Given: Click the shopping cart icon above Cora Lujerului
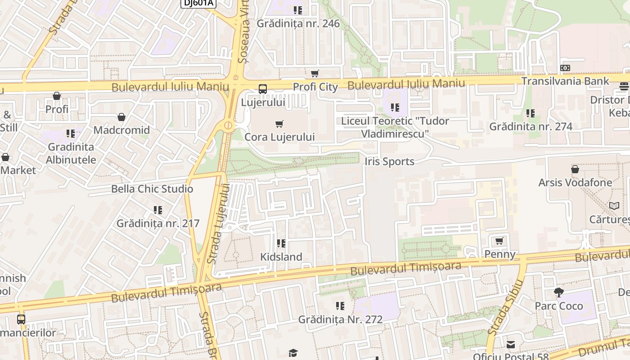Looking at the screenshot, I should pos(279,124).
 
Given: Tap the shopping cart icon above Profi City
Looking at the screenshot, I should pos(315,73).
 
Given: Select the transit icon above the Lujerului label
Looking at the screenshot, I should pos(263,89).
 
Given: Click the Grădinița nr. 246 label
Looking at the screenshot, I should pos(298,23).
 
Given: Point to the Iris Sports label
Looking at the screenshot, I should pos(389,162).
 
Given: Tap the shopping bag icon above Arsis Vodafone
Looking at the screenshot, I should pos(575,169).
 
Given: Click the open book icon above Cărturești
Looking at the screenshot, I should pos(614,206).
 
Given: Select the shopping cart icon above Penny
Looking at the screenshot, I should pos(499,241).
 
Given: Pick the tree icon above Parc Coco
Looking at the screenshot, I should pos(559,292).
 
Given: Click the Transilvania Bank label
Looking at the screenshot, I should pos(565,81).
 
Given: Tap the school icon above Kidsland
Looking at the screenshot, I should pos(281,243).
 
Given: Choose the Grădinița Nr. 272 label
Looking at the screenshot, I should pos(340,319).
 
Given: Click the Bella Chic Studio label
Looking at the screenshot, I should pos(152,189).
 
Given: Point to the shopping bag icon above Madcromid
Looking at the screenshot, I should pos(121,117).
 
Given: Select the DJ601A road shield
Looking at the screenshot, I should pos(198,3).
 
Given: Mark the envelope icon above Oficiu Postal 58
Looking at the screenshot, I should pos(511,345).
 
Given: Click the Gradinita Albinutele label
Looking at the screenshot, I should pos(71,153).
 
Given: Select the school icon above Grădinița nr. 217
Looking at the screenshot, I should pos(157,210).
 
